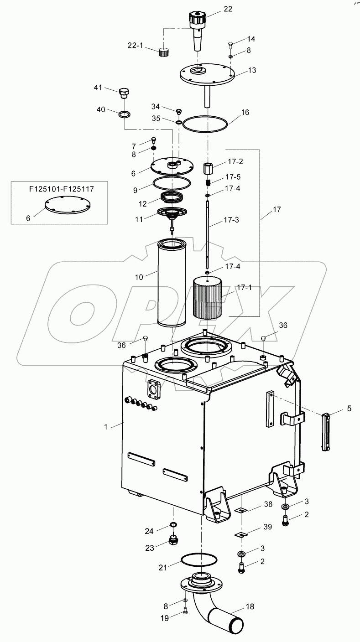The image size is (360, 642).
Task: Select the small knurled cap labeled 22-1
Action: click(x=164, y=52)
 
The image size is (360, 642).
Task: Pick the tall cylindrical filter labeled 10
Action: click(x=173, y=283)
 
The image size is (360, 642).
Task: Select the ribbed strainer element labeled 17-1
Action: click(x=207, y=299)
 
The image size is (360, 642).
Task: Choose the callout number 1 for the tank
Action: click(x=106, y=427)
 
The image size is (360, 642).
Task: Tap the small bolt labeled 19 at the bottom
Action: click(x=186, y=611)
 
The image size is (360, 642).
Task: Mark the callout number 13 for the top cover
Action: click(x=251, y=70)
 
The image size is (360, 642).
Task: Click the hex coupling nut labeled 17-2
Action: click(x=208, y=168)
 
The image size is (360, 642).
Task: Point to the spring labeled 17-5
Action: click(x=208, y=182)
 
